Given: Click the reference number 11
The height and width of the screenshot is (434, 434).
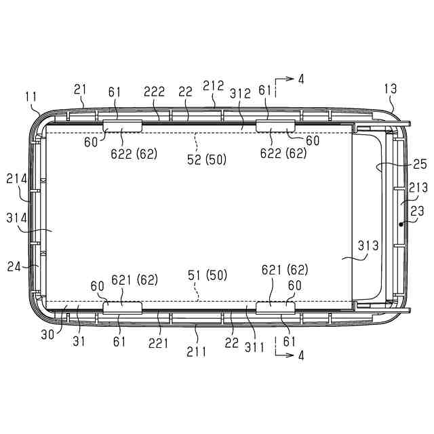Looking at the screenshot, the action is click(31, 98).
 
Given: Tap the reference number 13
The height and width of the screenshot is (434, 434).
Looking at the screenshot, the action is click(391, 89).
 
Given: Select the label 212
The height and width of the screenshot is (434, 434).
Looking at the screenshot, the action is click(213, 86).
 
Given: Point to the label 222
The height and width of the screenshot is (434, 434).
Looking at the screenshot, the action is click(154, 92).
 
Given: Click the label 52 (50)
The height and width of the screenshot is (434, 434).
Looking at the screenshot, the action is click(206, 159).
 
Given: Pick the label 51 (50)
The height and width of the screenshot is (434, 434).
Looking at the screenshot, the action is click(208, 275).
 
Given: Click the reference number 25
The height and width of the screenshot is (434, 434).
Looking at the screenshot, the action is click(420, 164).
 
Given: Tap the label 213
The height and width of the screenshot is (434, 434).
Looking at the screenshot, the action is click(418, 188).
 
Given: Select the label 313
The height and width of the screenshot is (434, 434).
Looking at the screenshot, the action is click(368, 245).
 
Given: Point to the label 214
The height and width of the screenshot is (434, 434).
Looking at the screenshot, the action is click(17, 179).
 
